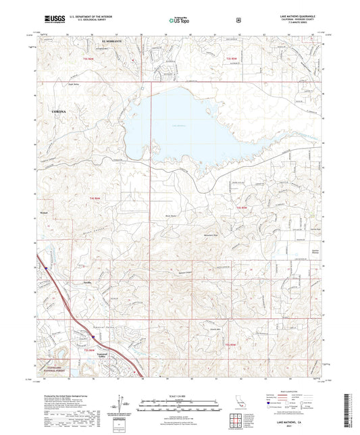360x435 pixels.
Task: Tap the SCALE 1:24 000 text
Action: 180,395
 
